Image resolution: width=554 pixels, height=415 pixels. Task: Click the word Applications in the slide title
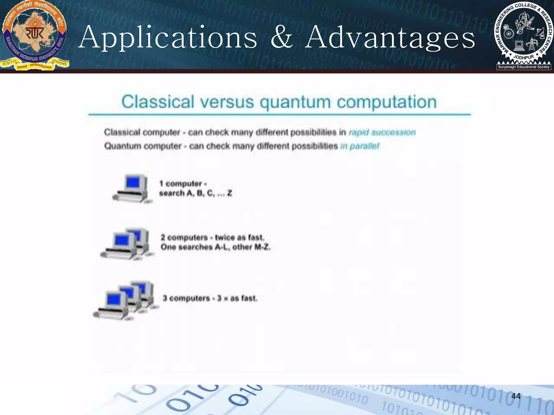168,38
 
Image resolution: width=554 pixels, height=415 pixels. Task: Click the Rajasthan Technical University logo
34,35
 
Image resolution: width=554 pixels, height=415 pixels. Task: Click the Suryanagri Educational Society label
524,67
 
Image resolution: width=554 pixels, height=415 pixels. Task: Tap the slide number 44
516,396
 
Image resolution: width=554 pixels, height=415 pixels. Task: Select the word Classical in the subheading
158,102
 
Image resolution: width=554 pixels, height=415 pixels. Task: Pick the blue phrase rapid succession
382,132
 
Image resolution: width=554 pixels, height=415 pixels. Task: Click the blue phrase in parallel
360,146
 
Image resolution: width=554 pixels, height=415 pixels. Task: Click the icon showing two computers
127,244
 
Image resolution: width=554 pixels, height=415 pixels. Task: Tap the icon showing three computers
126,300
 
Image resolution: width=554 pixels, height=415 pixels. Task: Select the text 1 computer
181,184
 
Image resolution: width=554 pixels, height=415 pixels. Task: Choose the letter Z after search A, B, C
229,193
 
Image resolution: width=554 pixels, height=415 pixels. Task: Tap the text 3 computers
186,298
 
